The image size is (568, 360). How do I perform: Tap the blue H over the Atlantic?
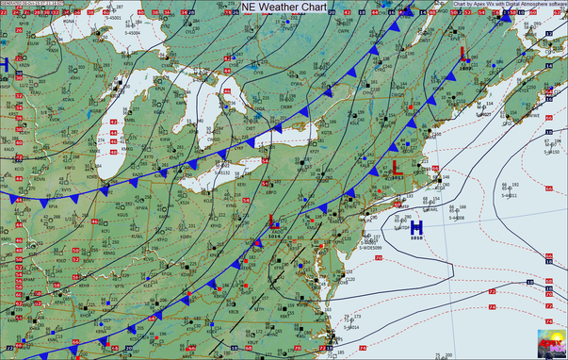415,227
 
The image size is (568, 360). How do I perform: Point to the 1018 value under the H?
416,239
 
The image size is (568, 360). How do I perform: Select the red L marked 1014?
273,223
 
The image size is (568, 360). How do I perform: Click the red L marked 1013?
396,168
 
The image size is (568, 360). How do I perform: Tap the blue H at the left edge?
4,64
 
